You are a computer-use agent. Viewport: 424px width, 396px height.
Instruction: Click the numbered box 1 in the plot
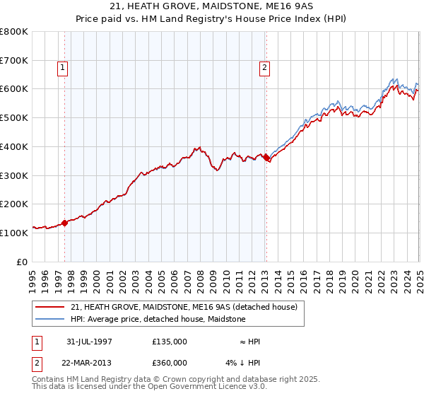click(63, 68)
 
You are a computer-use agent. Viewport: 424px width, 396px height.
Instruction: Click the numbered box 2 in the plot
click(264, 68)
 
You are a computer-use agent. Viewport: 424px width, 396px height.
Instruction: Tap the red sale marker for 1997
click(64, 223)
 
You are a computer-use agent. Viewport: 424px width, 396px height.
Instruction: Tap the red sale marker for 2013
click(266, 158)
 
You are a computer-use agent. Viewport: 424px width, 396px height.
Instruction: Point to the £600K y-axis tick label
click(14, 89)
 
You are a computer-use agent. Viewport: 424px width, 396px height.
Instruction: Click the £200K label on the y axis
click(14, 204)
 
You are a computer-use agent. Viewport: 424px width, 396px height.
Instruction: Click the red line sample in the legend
click(50, 307)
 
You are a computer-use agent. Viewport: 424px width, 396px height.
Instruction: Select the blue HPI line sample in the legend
click(50, 319)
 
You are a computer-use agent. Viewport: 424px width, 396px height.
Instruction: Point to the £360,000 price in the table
click(170, 363)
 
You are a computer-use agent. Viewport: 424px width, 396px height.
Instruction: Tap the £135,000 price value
click(170, 342)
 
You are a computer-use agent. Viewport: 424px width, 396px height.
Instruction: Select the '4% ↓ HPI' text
click(244, 363)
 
